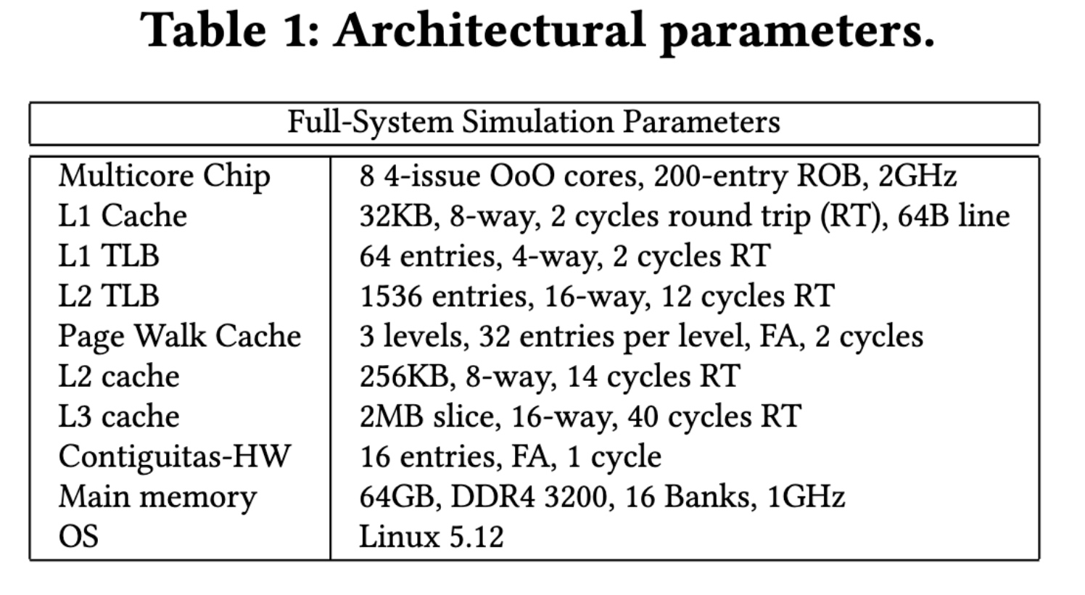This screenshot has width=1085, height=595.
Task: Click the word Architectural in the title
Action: [x=490, y=30]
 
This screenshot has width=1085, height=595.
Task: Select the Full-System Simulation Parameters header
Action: [x=534, y=122]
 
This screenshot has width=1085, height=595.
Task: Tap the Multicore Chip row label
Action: [x=164, y=176]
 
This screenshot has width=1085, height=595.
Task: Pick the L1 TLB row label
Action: [x=109, y=255]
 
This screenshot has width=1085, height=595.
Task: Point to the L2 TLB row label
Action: [x=109, y=295]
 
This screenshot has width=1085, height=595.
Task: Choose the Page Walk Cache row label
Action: [x=180, y=337]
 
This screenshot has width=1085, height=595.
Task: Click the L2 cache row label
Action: [x=119, y=376]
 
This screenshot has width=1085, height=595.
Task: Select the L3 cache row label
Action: [x=119, y=416]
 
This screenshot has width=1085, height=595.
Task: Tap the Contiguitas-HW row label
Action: [x=174, y=457]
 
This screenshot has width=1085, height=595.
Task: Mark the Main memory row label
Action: [x=157, y=498]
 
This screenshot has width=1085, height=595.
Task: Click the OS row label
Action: [x=78, y=536]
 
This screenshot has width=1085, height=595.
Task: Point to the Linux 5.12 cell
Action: [x=431, y=536]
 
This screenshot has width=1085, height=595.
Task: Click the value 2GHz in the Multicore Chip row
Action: [x=917, y=176]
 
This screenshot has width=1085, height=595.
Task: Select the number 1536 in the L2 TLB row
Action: [x=390, y=295]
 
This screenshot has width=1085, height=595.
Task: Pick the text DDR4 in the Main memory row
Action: [x=493, y=496]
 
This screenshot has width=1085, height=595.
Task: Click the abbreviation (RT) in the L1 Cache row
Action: [x=851, y=216]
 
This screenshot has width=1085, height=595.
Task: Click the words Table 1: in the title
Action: [x=228, y=30]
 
